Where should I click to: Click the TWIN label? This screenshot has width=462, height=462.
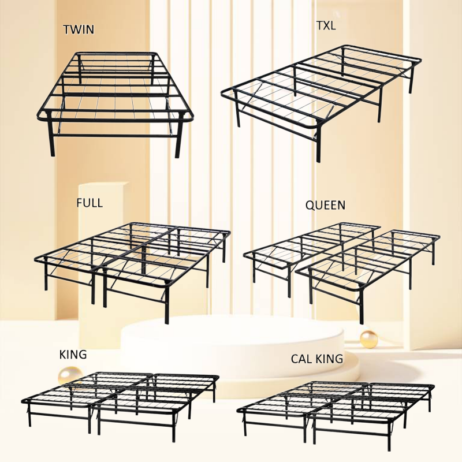tap(79, 29)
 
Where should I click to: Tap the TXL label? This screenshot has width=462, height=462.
tap(326, 25)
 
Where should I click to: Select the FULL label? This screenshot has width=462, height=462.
tap(90, 203)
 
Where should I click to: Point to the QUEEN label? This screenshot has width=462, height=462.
tap(325, 205)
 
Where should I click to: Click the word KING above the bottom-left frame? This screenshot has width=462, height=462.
tap(73, 355)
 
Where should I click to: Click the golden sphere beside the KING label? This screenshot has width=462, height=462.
tap(69, 375)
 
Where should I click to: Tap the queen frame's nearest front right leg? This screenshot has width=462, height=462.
tap(362, 307)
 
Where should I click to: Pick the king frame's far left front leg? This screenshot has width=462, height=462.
tap(29, 415)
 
